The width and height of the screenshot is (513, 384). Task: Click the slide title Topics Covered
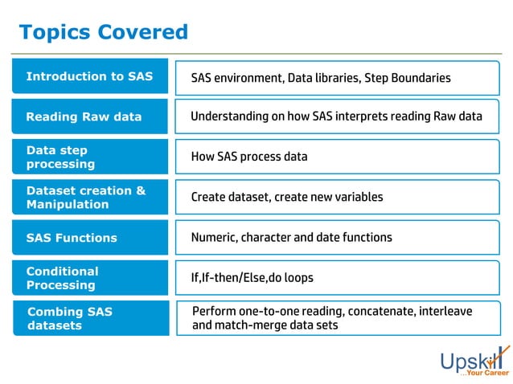tap(103, 32)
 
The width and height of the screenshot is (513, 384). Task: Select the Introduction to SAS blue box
tap(89, 76)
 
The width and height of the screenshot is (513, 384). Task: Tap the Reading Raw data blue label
tap(89, 116)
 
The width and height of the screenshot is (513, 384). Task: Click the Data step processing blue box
tap(89, 157)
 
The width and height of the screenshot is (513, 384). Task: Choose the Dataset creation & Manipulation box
tap(89, 197)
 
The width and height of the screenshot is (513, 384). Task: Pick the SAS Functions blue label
tap(89, 238)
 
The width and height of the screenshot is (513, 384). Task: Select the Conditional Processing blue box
tap(89, 278)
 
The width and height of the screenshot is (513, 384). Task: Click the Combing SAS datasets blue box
tap(89, 318)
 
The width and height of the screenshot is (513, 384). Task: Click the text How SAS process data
tap(249, 157)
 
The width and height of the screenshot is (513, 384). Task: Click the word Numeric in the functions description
tap(213, 238)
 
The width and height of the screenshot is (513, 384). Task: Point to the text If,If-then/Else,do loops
tap(252, 278)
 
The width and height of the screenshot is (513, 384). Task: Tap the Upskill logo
tap(473, 360)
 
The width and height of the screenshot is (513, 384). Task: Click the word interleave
tap(445, 311)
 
